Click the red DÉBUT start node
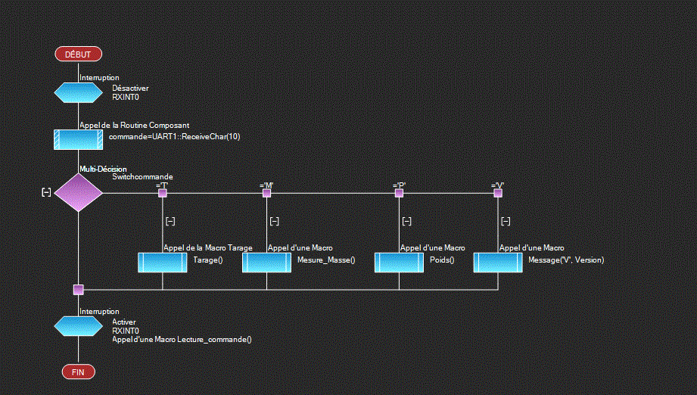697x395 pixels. coord(78,54)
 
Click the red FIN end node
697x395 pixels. coord(78,372)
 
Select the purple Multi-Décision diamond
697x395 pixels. coord(78,192)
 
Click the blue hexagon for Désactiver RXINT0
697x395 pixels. coord(78,92)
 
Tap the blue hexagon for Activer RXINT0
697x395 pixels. coord(78,325)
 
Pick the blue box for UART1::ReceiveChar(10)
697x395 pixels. coord(78,139)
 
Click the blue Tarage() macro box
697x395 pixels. coord(162,262)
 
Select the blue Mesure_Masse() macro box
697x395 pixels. coord(266,262)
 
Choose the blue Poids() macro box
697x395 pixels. coord(399,262)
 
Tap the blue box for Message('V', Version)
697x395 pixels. coord(498,262)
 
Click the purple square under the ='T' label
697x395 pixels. coord(162,193)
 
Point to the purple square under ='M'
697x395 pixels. coord(266,193)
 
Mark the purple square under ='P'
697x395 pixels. coord(399,193)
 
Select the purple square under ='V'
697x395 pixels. coord(498,193)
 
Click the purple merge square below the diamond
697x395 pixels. coord(78,289)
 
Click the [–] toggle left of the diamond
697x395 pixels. coord(46,192)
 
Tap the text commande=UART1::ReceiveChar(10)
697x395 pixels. coord(174,137)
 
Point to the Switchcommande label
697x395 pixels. coord(142,176)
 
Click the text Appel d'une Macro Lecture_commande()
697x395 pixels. coord(182,340)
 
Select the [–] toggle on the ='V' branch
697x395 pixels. coord(506,221)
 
